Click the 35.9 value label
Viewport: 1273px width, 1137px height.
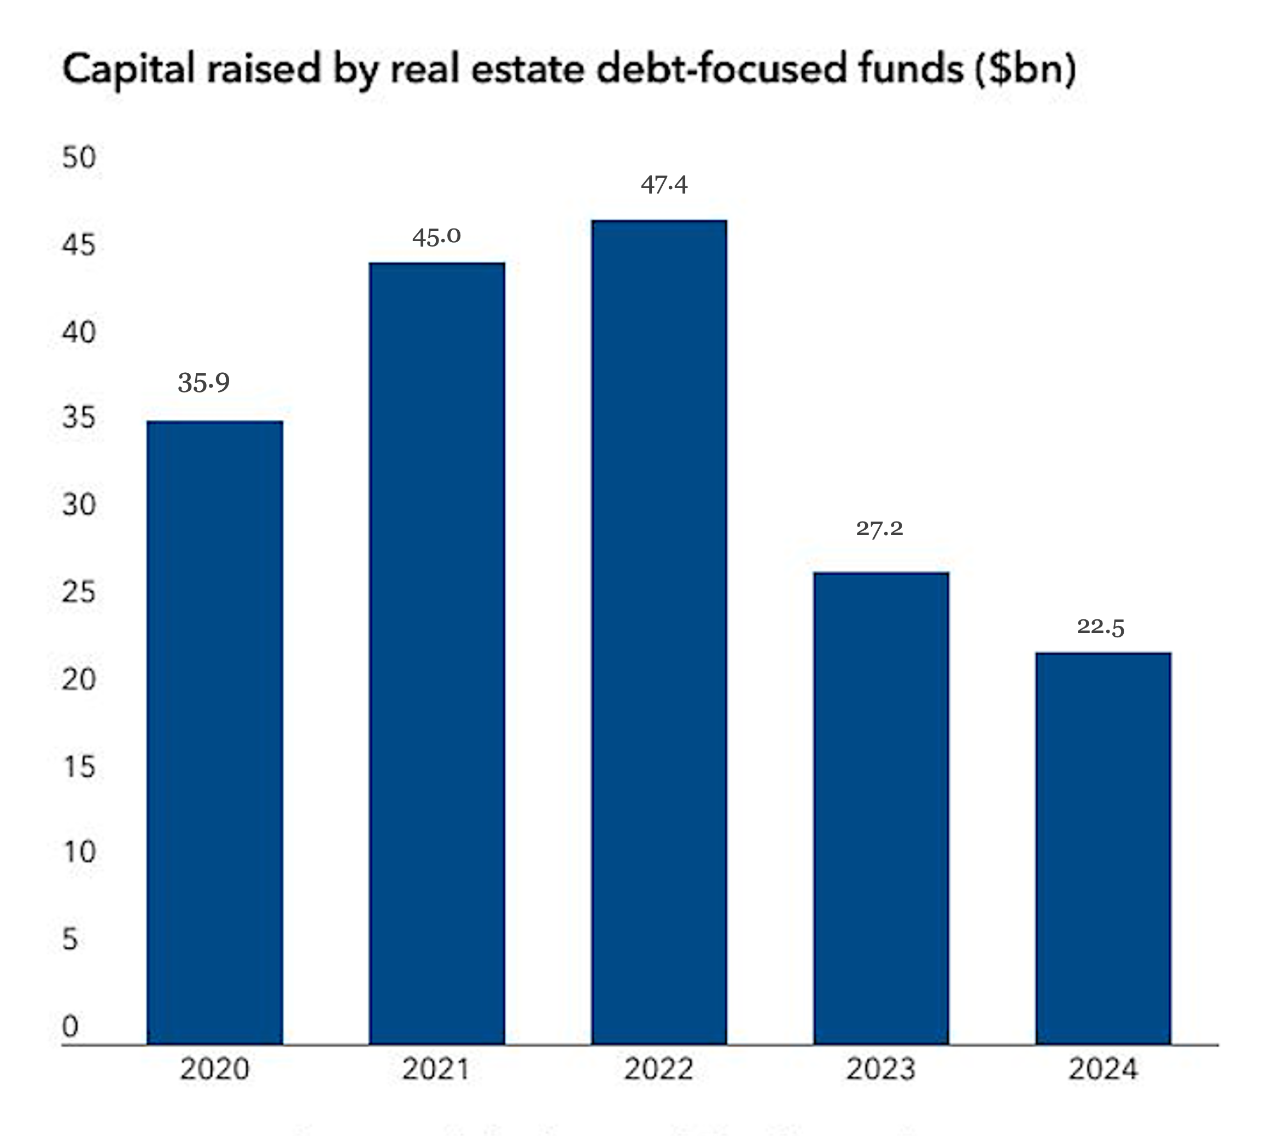(204, 382)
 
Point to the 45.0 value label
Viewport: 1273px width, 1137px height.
(436, 236)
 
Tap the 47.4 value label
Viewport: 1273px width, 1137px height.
(664, 184)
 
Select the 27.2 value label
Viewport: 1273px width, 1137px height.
(879, 529)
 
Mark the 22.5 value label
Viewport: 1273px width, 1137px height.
(1101, 626)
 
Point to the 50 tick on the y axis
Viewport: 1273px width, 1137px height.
(79, 157)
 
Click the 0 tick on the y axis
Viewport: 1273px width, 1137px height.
(71, 1027)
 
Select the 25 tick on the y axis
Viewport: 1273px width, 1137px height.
(79, 591)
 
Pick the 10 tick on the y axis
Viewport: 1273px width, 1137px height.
(79, 852)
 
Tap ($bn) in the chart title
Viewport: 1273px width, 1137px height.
(1025, 69)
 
